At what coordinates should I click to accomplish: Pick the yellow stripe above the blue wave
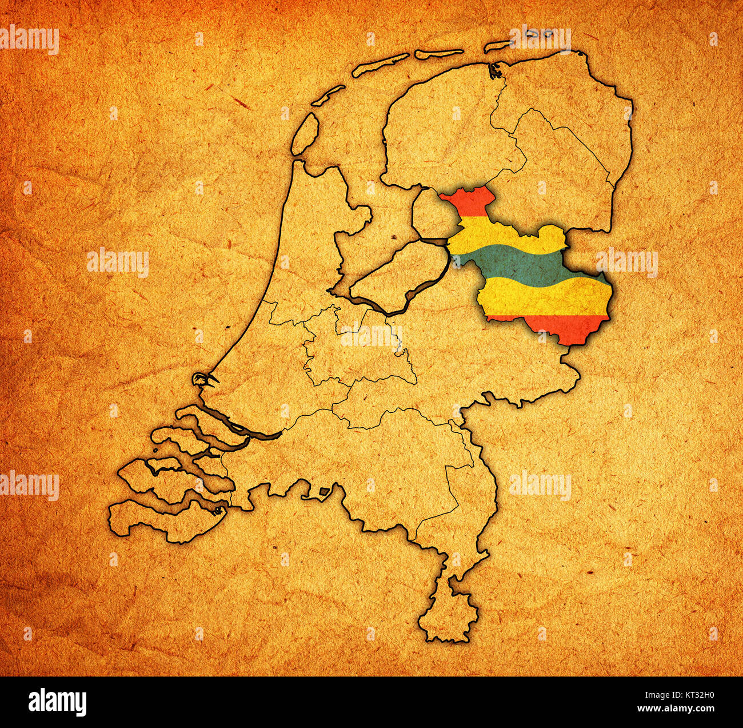click(x=497, y=234)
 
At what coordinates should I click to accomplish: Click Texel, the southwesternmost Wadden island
click(x=305, y=133)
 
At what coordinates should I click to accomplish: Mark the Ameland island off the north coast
click(x=439, y=54)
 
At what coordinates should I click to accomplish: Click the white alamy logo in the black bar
click(x=58, y=702)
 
